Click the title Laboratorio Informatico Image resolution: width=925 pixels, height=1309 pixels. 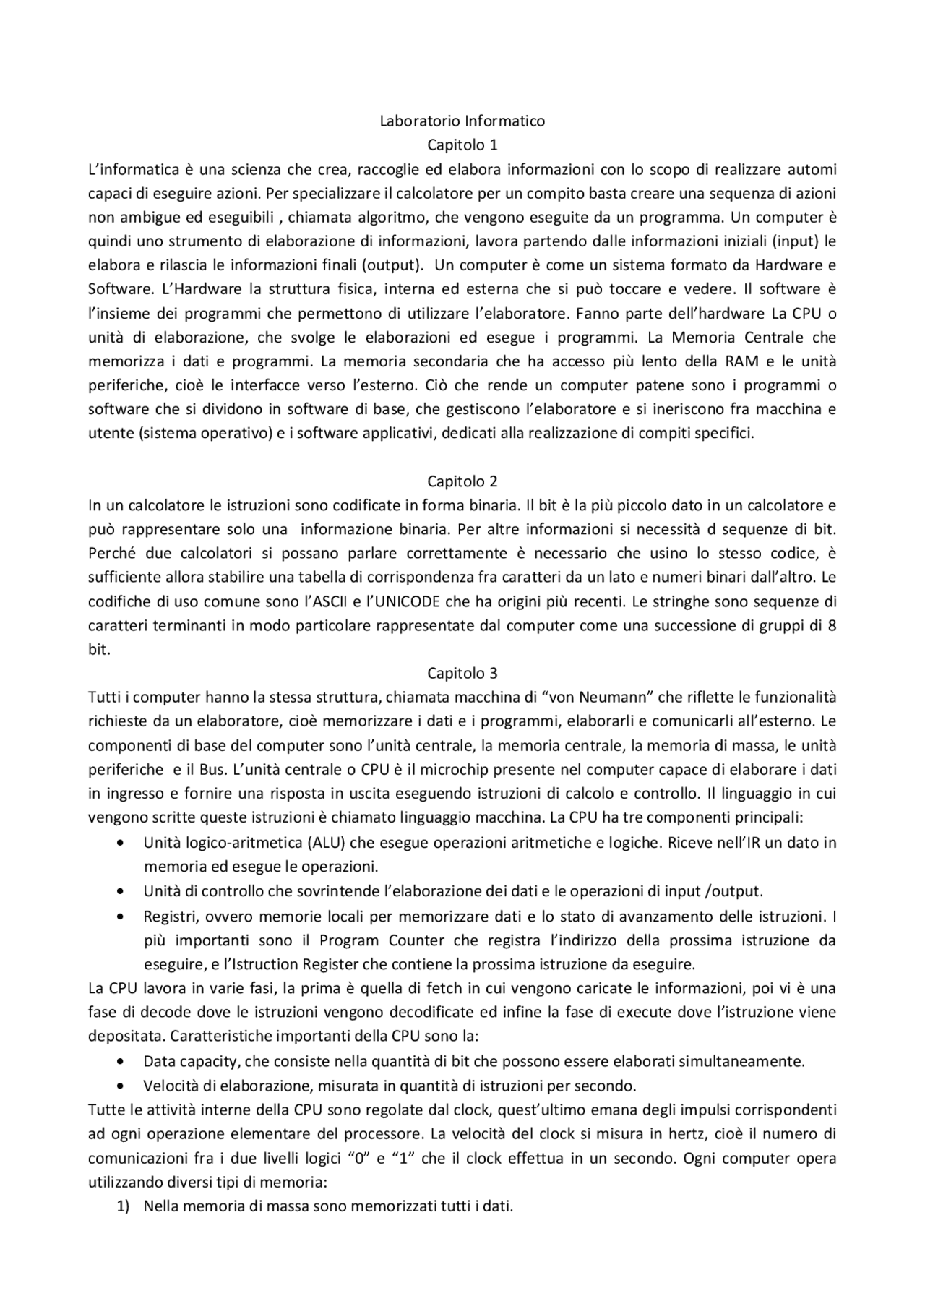coord(462,121)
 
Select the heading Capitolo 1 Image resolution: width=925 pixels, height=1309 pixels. coord(462,145)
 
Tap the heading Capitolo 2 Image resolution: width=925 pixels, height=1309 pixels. coord(462,481)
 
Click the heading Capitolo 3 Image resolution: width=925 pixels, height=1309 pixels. coord(462,673)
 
